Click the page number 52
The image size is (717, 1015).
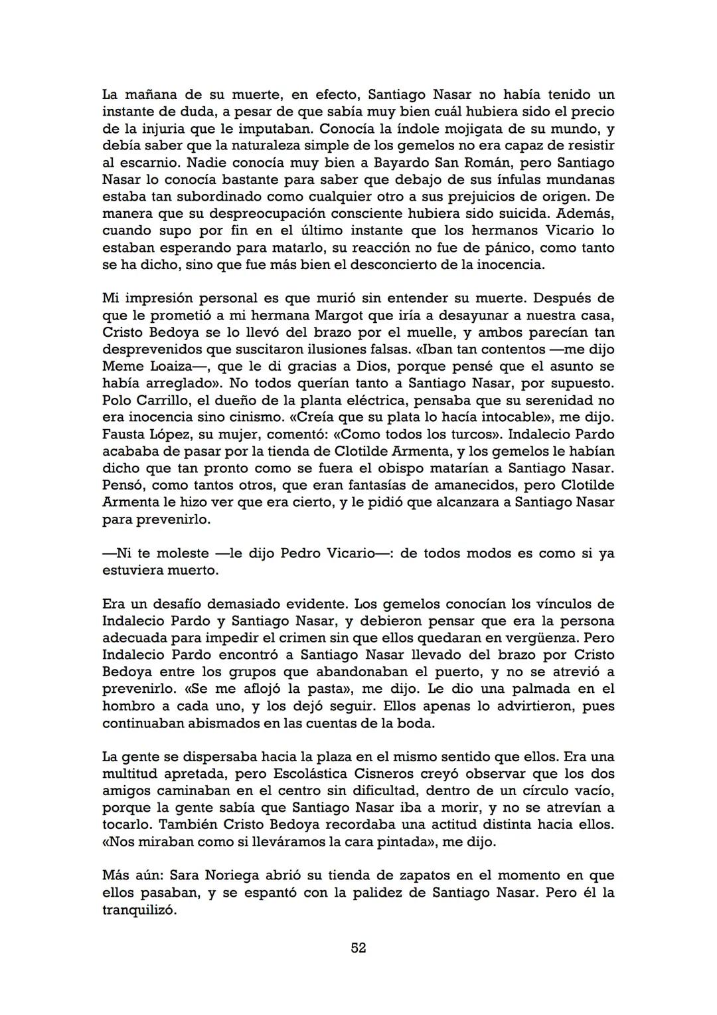pyautogui.click(x=358, y=948)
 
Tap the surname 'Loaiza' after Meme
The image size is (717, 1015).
pyautogui.click(x=169, y=366)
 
